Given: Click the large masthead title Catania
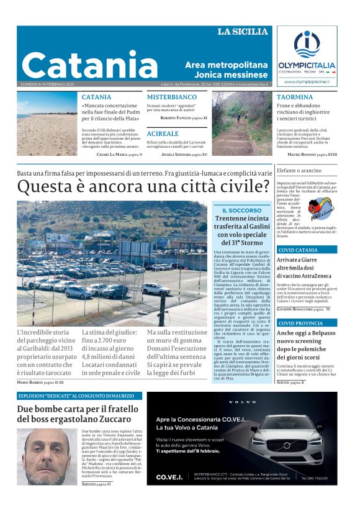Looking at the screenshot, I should (x=89, y=64).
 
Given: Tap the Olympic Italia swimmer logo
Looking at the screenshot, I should (x=305, y=45).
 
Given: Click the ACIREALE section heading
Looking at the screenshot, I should (x=163, y=133).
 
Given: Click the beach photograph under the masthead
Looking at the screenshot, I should (x=46, y=124).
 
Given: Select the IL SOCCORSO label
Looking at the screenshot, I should (x=241, y=210).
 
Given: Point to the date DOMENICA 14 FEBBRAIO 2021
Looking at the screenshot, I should (x=47, y=84).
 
